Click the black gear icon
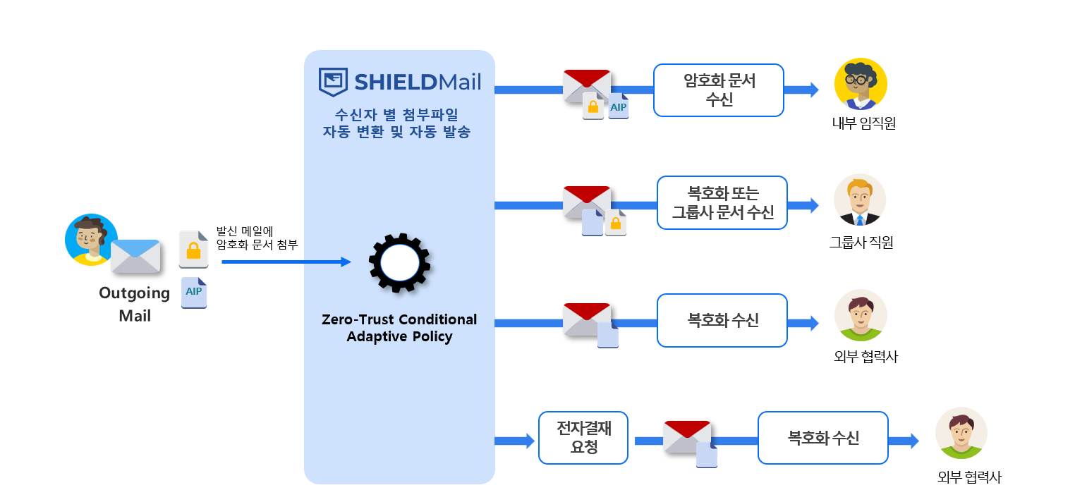[400, 263]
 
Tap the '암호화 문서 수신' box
[718, 90]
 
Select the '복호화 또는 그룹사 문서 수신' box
[722, 202]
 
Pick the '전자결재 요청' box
[583, 438]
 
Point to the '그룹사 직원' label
[861, 243]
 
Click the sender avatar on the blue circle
[91, 239]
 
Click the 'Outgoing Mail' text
[135, 304]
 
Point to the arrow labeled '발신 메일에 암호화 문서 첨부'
[286, 262]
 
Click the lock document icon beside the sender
[193, 249]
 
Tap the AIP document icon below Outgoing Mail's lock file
[194, 293]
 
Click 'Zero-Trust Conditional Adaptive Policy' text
[399, 328]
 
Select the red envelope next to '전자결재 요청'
[686, 438]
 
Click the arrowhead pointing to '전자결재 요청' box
[529, 441]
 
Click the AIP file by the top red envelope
[619, 106]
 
